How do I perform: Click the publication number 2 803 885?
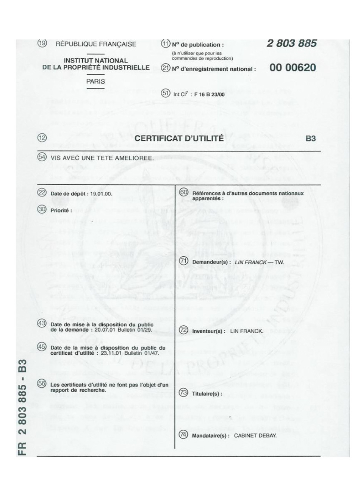pyautogui.click(x=291, y=44)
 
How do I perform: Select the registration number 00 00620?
pyautogui.click(x=293, y=68)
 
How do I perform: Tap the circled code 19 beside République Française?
pyautogui.click(x=42, y=43)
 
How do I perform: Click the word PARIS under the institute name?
pyautogui.click(x=95, y=81)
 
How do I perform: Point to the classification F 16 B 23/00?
pyautogui.click(x=210, y=95)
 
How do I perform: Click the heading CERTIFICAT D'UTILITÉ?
pyautogui.click(x=179, y=139)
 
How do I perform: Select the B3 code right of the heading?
pyautogui.click(x=310, y=139)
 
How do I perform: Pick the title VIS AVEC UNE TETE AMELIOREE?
pyautogui.click(x=102, y=158)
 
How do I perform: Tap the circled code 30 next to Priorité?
pyautogui.click(x=42, y=209)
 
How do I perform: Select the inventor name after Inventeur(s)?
pyautogui.click(x=246, y=331)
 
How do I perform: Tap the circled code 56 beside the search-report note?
pyautogui.click(x=42, y=384)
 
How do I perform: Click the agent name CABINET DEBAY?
pyautogui.click(x=255, y=436)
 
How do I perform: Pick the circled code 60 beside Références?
pyautogui.click(x=184, y=192)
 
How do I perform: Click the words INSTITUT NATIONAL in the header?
pyautogui.click(x=95, y=61)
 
